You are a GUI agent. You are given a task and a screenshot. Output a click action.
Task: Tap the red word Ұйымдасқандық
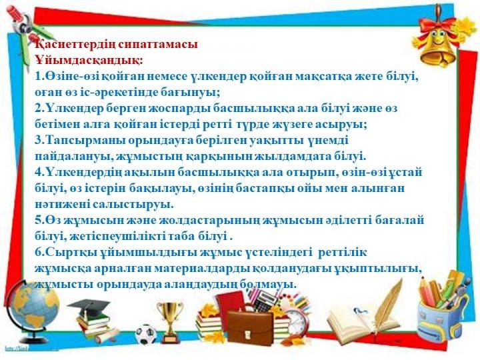click(87, 60)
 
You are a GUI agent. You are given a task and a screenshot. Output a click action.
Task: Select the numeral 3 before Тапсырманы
click(39, 140)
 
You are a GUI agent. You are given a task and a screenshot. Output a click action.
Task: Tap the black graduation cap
click(89, 305)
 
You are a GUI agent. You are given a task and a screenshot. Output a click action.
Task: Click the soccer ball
click(146, 334)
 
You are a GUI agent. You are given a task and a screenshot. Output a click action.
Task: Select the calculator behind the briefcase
click(264, 299)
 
